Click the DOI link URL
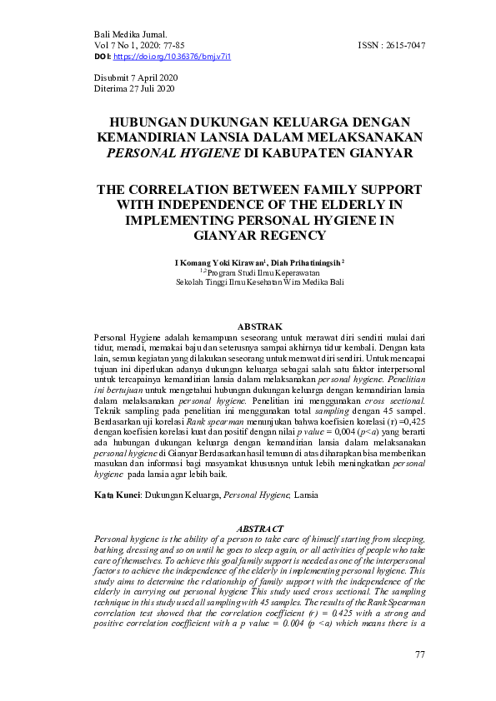(x=171, y=56)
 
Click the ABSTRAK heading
(x=259, y=326)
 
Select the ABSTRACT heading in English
(x=259, y=529)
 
